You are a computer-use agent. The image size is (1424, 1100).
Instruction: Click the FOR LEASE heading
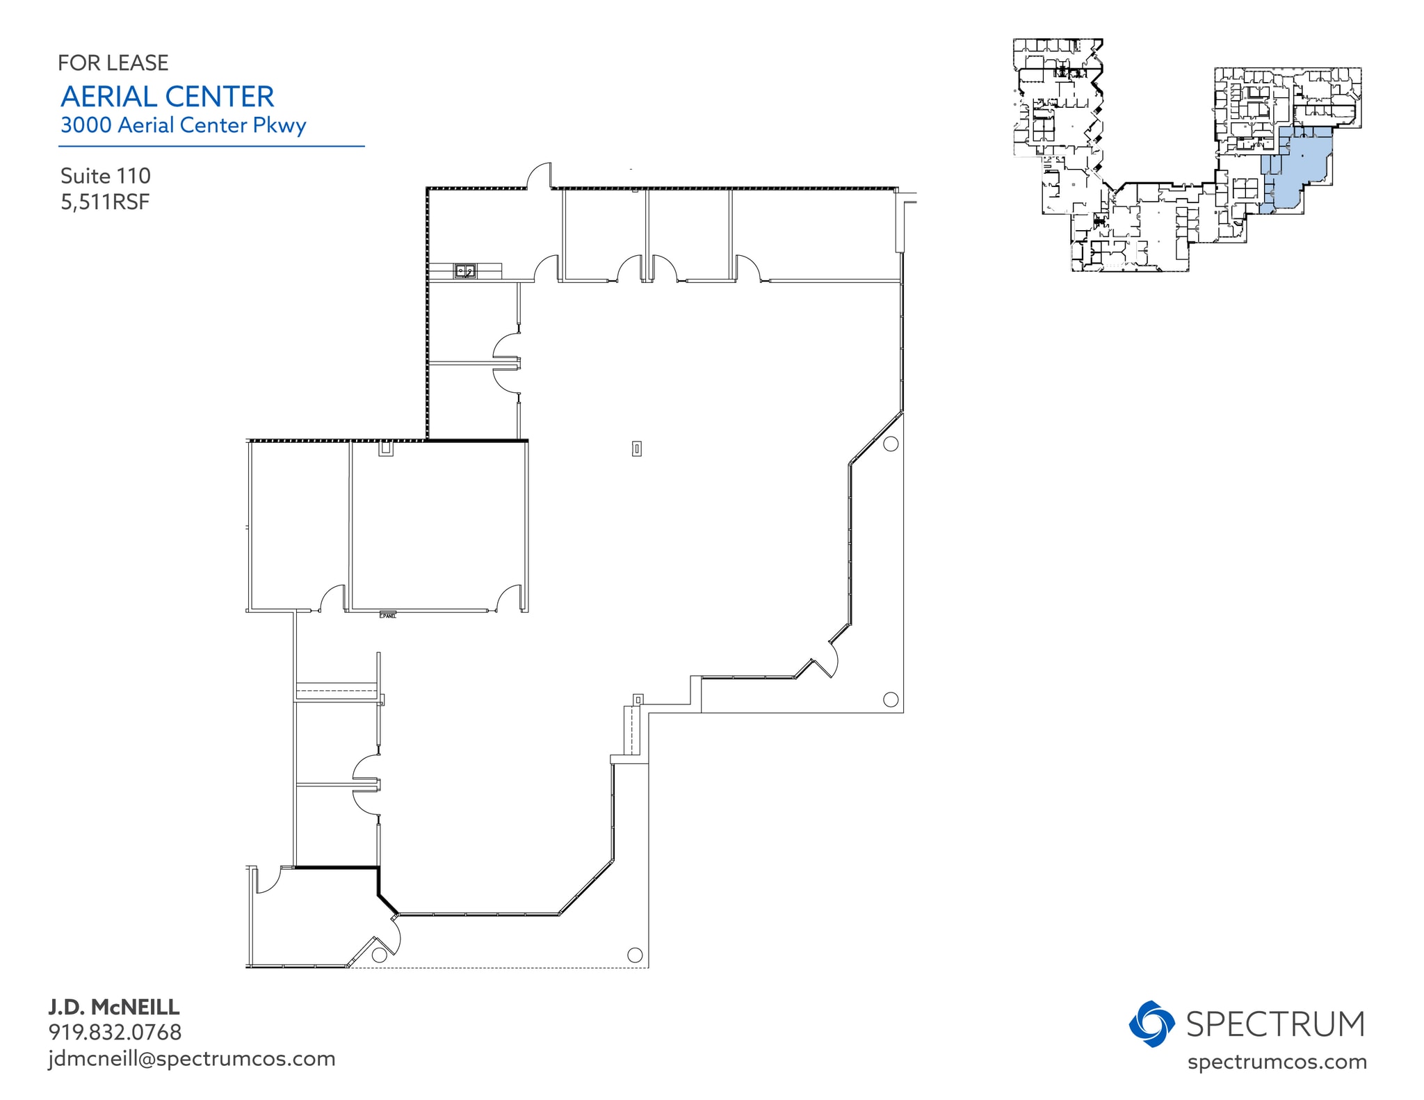click(x=113, y=63)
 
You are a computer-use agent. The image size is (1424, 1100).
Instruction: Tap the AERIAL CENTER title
click(x=168, y=97)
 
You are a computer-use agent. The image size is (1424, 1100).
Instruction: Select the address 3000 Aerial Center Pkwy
click(x=184, y=125)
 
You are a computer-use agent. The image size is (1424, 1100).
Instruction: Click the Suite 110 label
click(x=106, y=176)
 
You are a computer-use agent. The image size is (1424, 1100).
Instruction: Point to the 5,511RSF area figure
click(x=105, y=202)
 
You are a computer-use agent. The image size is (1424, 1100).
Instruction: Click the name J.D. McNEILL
click(x=114, y=1007)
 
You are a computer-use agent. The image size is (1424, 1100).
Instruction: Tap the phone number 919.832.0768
click(x=115, y=1033)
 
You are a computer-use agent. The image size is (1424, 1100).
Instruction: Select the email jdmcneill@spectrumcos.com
click(x=192, y=1059)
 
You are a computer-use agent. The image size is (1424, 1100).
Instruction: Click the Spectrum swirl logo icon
click(x=1151, y=1024)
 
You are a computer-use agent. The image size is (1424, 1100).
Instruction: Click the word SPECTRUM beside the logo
click(x=1275, y=1024)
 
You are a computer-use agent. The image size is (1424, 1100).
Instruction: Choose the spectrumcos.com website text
click(x=1277, y=1062)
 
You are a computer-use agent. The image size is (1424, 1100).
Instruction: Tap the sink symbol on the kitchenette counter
click(x=465, y=271)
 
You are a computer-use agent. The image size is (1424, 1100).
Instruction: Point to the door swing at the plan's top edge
click(x=540, y=176)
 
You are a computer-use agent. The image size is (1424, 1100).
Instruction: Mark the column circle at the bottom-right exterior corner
click(x=635, y=955)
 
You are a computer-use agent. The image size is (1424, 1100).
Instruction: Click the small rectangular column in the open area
click(x=636, y=449)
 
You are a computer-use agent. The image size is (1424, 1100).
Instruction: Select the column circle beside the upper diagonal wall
click(x=890, y=444)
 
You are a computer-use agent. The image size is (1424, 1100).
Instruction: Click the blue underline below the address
click(x=211, y=146)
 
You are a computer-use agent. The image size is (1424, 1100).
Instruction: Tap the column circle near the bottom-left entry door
click(x=379, y=955)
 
